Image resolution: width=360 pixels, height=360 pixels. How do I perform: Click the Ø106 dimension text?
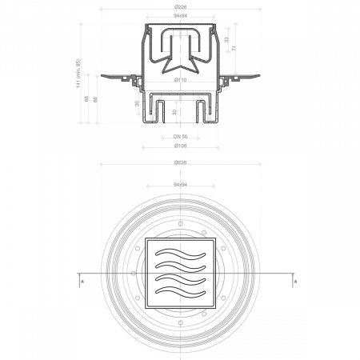[180, 147]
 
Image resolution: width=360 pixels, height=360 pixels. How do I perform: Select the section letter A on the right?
[297, 282]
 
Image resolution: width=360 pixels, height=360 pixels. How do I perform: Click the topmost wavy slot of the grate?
[180, 253]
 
